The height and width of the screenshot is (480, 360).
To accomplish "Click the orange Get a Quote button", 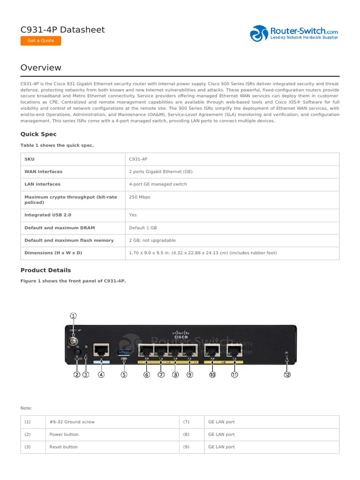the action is tap(41, 41).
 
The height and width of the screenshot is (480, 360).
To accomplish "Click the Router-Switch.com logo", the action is tap(294, 33).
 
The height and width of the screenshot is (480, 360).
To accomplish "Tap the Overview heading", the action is tap(41, 68).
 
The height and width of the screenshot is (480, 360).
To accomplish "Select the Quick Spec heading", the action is tap(38, 135).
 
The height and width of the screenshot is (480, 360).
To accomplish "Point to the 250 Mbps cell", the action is tap(140, 197).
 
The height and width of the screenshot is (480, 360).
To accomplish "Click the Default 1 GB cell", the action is tap(143, 228).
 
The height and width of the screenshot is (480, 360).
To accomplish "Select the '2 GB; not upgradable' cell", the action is tap(152, 240).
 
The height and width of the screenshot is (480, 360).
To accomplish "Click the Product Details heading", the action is tap(45, 270).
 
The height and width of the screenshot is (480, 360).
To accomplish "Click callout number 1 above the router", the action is tap(74, 316).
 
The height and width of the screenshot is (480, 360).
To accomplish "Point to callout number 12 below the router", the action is tap(287, 375).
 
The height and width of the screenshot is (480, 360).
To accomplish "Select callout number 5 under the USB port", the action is tap(124, 375).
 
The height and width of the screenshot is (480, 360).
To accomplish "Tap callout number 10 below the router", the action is tap(212, 375).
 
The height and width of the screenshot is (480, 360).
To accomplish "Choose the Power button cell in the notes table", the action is tap(64, 435).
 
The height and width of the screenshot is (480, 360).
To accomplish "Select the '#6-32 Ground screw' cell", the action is tap(72, 422).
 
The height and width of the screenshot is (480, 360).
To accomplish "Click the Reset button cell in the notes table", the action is tap(64, 447).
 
